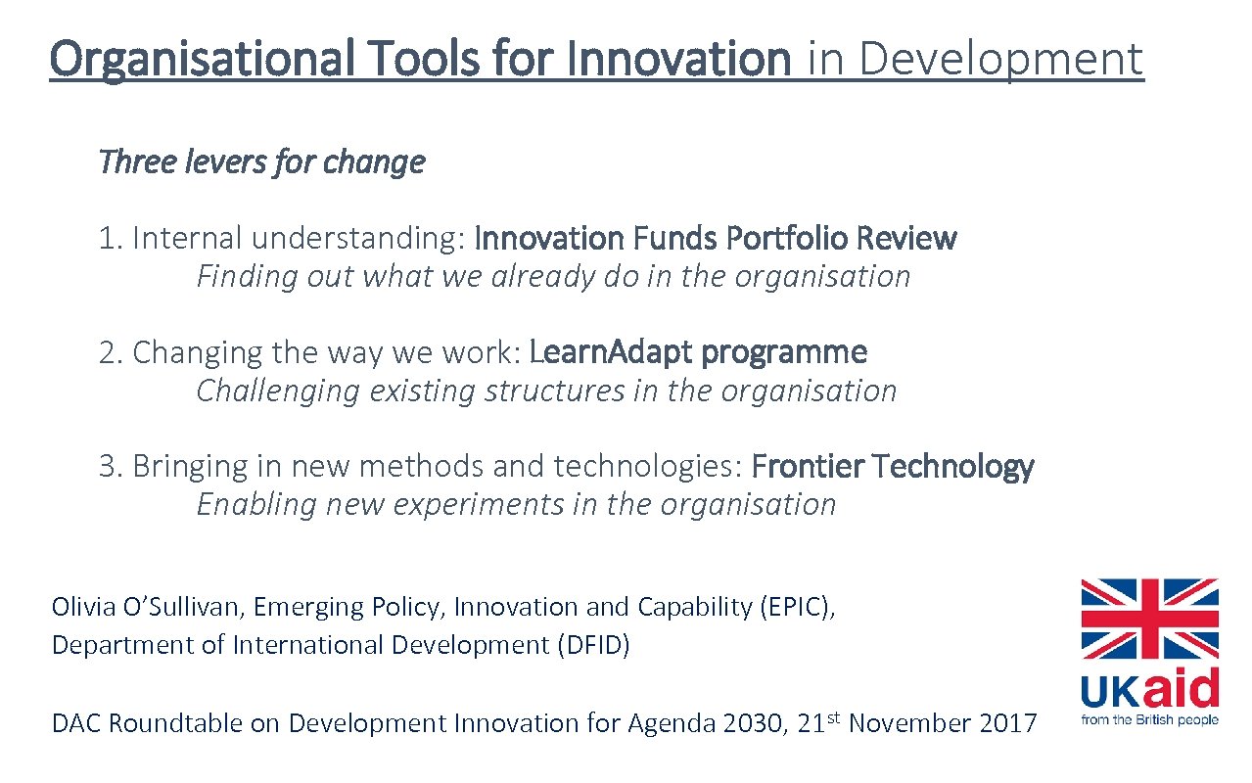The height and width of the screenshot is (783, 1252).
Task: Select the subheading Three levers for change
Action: click(261, 161)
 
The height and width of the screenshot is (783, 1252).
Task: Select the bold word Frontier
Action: click(807, 467)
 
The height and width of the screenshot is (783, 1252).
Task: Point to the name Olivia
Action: click(82, 607)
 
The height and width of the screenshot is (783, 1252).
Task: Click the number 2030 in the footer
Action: click(748, 724)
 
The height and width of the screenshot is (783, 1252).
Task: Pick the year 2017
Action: click(1005, 724)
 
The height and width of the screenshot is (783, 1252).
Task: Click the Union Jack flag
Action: click(1149, 619)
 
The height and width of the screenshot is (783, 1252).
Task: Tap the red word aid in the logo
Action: click(1180, 689)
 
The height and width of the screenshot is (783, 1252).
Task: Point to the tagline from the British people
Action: click(1149, 720)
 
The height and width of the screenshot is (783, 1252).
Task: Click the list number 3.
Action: click(107, 467)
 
